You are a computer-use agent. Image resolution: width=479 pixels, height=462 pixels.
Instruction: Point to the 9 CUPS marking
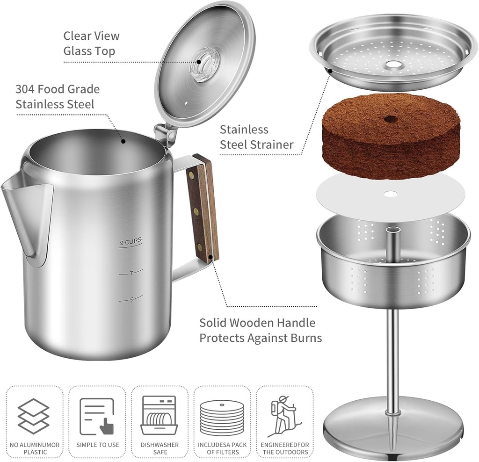(x=130, y=242)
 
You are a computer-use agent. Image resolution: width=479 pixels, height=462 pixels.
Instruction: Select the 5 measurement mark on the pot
(x=131, y=299)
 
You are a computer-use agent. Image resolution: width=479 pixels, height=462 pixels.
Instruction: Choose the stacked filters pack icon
(x=222, y=418)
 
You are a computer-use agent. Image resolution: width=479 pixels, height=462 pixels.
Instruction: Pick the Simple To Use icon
(x=97, y=416)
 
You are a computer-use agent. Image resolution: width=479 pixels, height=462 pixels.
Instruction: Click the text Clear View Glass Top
(x=91, y=43)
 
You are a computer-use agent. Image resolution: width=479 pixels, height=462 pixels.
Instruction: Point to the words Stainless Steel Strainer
(x=256, y=137)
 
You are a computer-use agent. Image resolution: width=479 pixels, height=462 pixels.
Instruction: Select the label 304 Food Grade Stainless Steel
(x=58, y=96)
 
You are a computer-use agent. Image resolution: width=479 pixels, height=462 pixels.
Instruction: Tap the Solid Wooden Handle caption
(x=261, y=330)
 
